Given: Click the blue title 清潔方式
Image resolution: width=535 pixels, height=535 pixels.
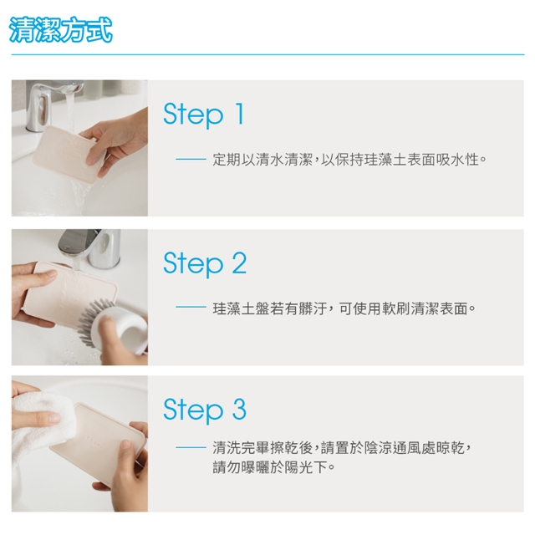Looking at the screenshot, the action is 61,30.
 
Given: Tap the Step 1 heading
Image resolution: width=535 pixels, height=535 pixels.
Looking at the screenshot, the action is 204,115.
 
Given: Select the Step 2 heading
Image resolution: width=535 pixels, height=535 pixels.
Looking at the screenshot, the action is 205,264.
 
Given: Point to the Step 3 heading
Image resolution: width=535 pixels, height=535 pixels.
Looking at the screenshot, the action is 205,410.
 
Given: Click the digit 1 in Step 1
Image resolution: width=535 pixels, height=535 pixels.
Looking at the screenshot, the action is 240,114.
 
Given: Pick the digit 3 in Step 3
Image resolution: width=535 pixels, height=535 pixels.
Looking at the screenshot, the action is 239,409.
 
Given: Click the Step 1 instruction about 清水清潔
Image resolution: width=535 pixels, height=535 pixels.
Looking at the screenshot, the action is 349,160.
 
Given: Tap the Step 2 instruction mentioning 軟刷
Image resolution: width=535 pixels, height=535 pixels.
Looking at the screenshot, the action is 344,308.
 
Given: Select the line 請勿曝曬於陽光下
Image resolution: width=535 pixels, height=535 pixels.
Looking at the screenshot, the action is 273,467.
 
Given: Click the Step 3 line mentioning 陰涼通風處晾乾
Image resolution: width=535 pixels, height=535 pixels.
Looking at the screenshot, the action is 342,448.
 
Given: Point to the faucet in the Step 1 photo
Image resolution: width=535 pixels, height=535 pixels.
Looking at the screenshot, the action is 51,102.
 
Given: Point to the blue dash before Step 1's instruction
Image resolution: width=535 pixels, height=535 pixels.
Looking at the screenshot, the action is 191,160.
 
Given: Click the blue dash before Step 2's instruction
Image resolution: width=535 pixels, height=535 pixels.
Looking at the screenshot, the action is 191,308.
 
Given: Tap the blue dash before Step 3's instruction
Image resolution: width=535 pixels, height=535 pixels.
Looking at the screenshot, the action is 191,447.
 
